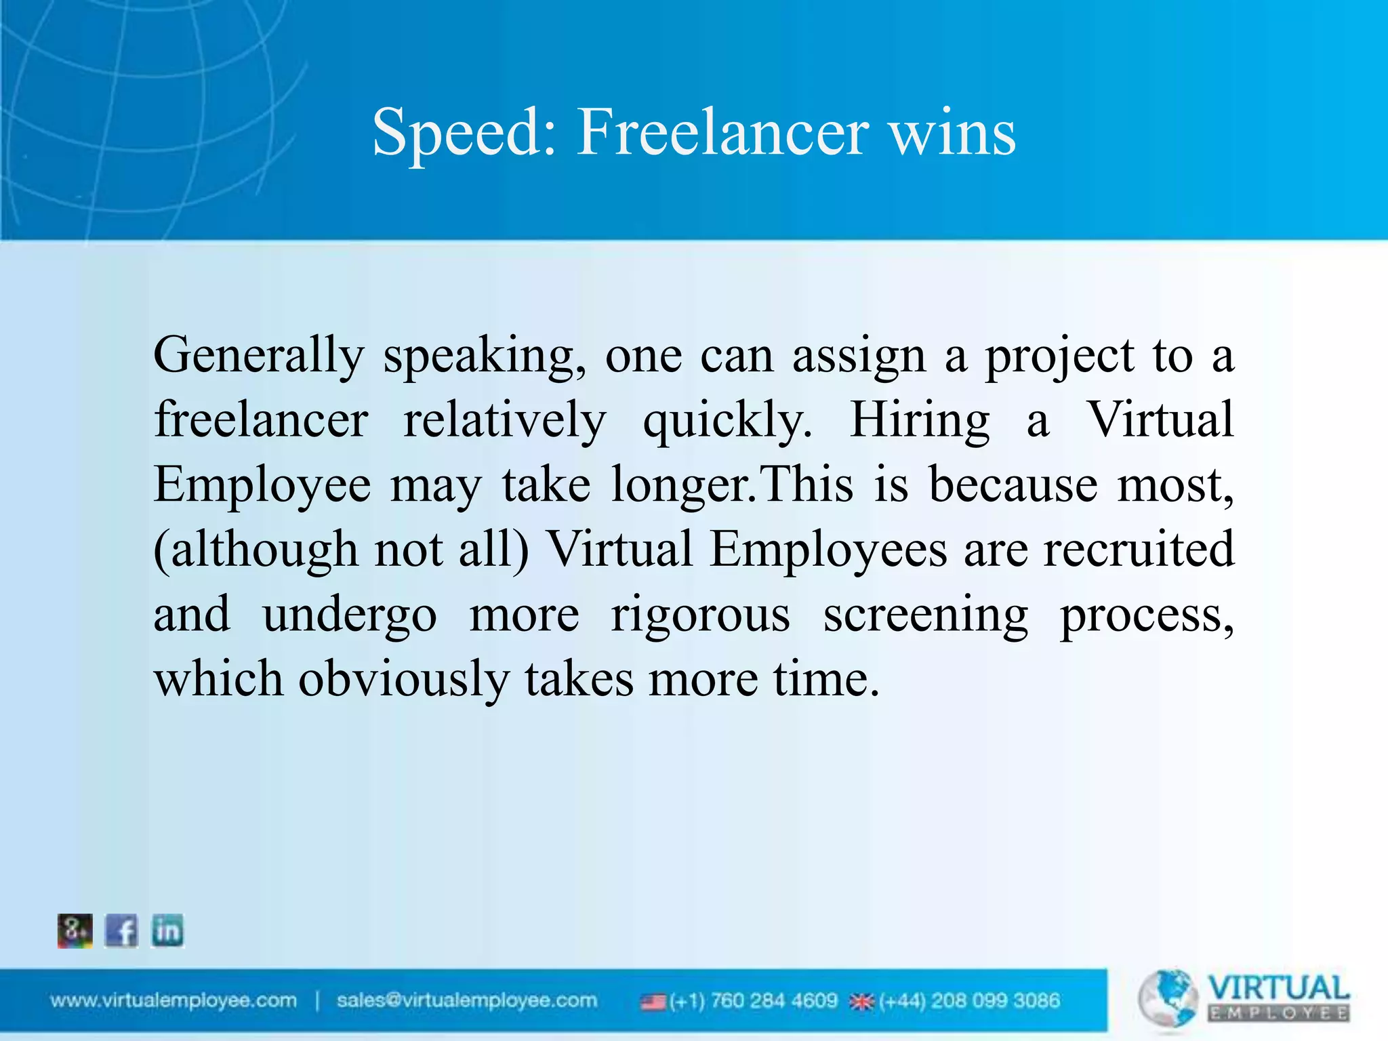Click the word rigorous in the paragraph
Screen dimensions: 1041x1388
coord(700,615)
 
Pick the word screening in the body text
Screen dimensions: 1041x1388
coord(926,615)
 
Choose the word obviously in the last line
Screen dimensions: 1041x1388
coord(404,680)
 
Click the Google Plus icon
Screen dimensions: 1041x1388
coord(75,931)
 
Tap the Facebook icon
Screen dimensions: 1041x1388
coord(121,931)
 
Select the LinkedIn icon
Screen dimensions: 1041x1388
coord(167,931)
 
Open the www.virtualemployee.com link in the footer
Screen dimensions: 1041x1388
coord(173,1000)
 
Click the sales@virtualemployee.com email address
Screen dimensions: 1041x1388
coord(467,1000)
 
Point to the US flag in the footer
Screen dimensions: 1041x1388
coord(653,1002)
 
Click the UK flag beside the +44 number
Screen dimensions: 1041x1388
coord(862,1002)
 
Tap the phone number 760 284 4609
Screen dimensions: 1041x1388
coord(773,1001)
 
